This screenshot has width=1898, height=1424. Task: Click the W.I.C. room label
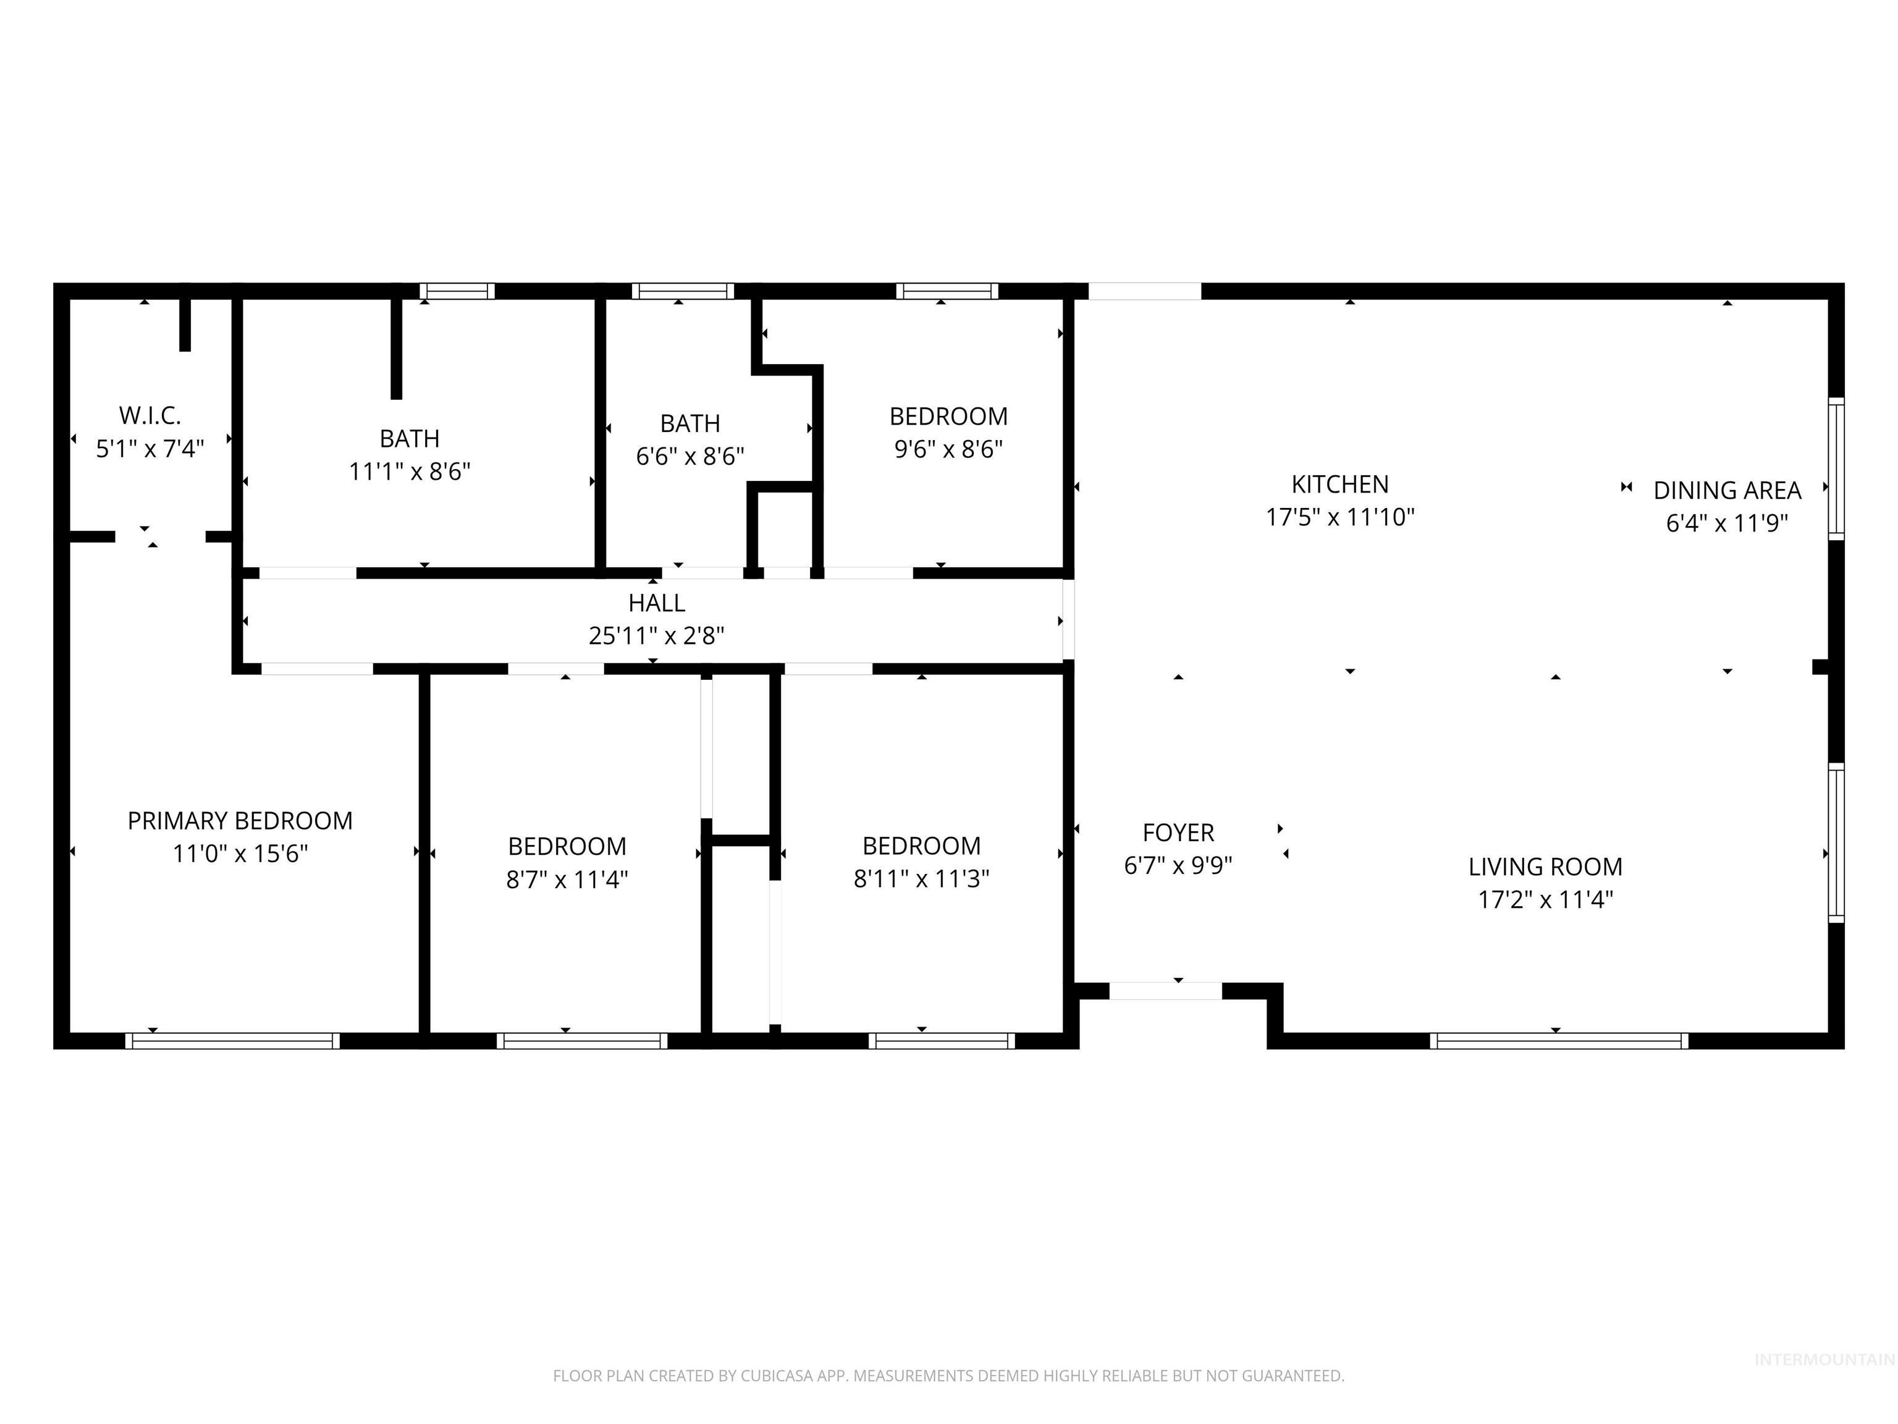point(150,415)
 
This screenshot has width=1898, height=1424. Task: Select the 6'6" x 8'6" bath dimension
point(690,456)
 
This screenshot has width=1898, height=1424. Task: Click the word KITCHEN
point(1339,484)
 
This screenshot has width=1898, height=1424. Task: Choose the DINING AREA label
point(1726,490)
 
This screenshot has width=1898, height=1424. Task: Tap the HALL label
point(656,603)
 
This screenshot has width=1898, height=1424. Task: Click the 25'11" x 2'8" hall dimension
point(656,635)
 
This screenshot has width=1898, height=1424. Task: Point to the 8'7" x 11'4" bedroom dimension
point(567,879)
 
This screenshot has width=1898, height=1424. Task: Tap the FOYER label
point(1178,833)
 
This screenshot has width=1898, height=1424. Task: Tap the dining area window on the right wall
point(1836,468)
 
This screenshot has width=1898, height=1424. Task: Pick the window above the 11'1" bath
point(457,292)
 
